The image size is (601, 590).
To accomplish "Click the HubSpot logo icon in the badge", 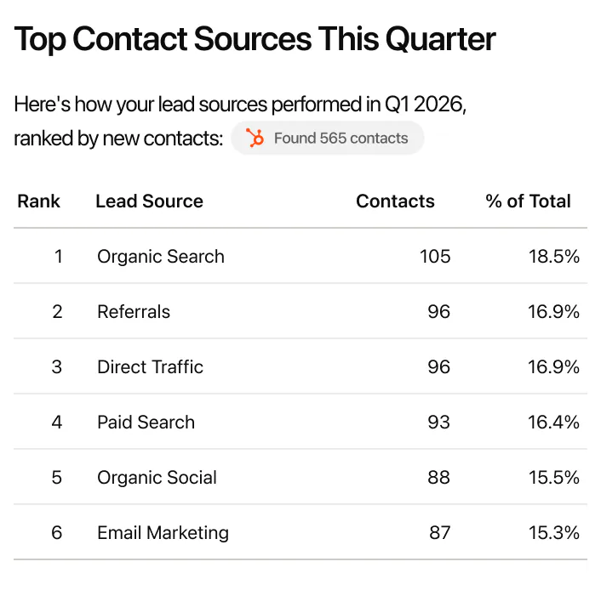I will (x=255, y=139).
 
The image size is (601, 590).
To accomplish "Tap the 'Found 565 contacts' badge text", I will (x=341, y=139).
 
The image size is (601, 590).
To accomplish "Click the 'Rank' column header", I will (x=39, y=201).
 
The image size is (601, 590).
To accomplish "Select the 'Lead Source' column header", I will (x=149, y=201).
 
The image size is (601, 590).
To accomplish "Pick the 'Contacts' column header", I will (x=395, y=201).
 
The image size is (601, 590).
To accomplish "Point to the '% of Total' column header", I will (x=528, y=201).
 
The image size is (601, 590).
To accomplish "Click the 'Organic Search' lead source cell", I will (x=161, y=257).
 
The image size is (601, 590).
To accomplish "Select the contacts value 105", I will (x=435, y=257).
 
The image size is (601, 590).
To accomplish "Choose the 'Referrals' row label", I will (x=134, y=312).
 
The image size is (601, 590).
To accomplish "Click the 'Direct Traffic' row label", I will (x=150, y=367).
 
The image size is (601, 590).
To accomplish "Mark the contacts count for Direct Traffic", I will (x=438, y=367).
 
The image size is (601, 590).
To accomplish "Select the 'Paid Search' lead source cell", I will (x=146, y=423).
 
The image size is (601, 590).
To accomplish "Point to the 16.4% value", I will (x=553, y=423).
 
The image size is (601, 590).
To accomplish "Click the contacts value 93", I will (x=438, y=423).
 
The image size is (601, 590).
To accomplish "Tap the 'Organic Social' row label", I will (x=157, y=478).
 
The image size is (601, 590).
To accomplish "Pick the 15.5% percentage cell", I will (x=553, y=478).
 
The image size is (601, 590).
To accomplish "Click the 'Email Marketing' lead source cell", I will (x=163, y=533).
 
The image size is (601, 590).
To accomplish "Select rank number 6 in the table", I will (x=57, y=533).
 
